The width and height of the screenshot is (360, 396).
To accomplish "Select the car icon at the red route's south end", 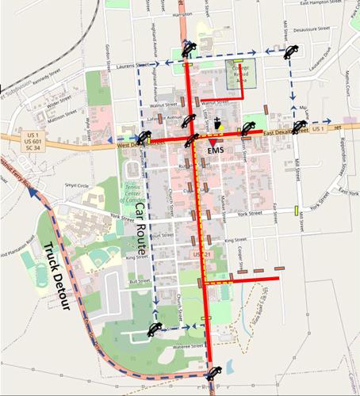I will pyautogui.click(x=213, y=375).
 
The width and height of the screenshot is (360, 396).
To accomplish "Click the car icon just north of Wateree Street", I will pyautogui.click(x=154, y=330).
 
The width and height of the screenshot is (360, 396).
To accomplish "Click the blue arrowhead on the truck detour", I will pyautogui.click(x=35, y=193).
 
